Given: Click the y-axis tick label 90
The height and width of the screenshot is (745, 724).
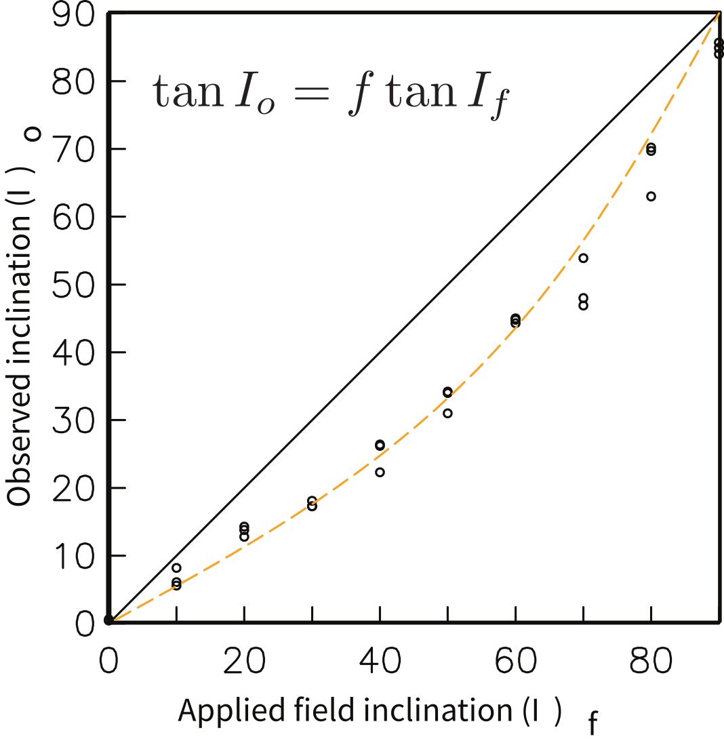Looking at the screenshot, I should tap(73, 15).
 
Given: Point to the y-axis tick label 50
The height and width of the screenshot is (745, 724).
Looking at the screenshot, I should tap(73, 285).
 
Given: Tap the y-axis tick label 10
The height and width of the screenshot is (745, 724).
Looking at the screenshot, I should tap(73, 556).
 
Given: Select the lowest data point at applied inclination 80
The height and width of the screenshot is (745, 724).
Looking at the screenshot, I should tap(651, 197).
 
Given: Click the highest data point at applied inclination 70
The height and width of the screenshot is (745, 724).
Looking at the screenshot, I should tap(583, 258).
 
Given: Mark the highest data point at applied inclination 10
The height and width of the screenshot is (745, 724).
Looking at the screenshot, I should tap(176, 568).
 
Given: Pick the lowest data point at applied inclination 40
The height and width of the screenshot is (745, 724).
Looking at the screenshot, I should tap(380, 472).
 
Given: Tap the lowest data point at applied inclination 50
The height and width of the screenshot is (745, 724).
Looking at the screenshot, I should tap(447, 414).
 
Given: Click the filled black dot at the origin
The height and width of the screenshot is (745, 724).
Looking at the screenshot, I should tap(108, 620).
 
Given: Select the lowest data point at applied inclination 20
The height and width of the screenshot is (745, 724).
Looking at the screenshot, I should tap(244, 537).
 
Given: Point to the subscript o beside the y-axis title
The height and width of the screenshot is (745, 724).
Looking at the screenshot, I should tap(34, 134).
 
